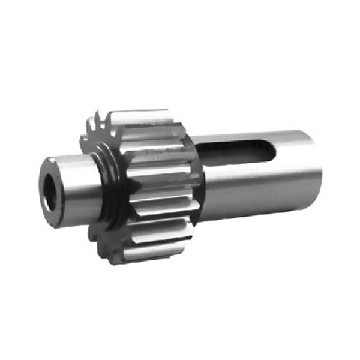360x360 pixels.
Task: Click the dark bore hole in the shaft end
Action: point(51,193)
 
